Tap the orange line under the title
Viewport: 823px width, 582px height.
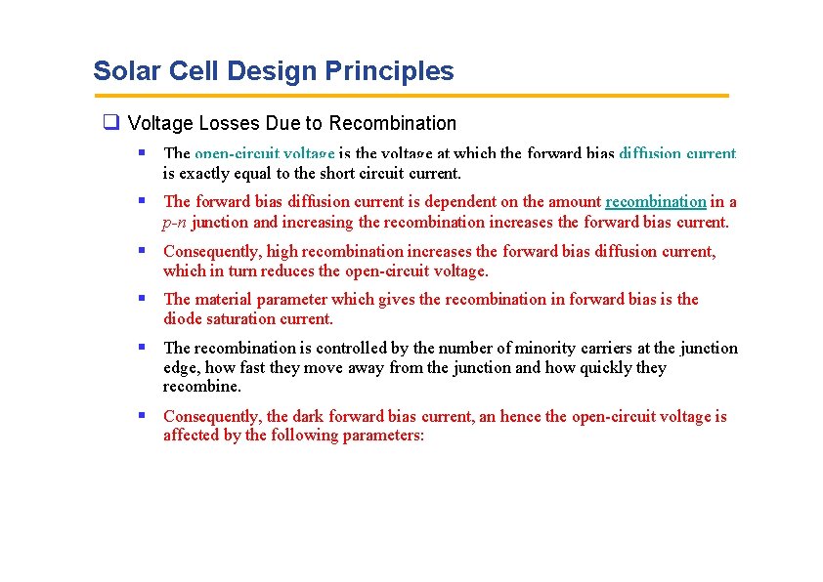point(411,96)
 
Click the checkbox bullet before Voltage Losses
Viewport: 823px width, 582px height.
point(111,123)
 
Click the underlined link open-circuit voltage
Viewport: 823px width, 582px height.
point(264,153)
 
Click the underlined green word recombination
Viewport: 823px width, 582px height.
point(655,202)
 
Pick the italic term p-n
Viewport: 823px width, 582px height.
point(175,222)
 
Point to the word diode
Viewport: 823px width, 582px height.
point(182,319)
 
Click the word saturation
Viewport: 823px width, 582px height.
point(241,319)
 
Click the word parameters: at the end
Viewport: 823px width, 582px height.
point(382,436)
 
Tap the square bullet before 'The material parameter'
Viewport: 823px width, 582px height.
point(143,298)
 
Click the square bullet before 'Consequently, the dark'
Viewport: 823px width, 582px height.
point(143,415)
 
